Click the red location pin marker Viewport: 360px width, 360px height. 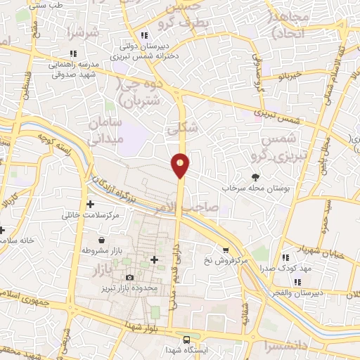point(181,165)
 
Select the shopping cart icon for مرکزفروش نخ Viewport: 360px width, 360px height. point(226,249)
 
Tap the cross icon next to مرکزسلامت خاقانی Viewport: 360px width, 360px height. point(90,204)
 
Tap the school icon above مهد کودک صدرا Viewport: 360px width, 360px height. point(285,257)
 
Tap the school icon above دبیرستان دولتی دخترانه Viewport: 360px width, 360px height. point(143,34)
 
